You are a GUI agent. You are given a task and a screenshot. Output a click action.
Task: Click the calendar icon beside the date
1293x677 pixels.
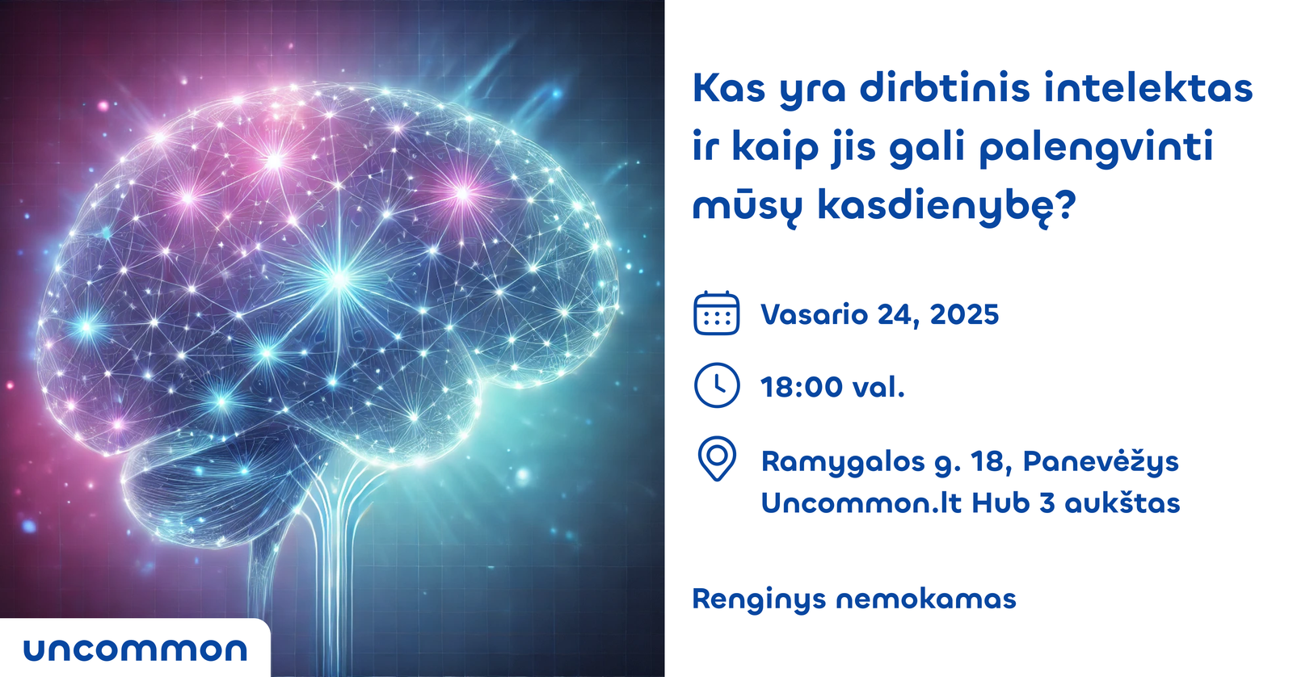(x=716, y=313)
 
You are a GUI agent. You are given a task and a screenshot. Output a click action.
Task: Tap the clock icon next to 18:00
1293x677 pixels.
(x=716, y=385)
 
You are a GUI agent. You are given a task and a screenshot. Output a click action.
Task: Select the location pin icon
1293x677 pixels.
(x=717, y=459)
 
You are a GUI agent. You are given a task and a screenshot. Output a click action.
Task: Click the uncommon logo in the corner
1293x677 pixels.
(x=135, y=650)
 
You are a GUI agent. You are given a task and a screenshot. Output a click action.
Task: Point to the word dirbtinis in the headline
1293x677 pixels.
(x=945, y=88)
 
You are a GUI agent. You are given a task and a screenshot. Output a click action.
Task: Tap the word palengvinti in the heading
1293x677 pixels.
(x=1096, y=149)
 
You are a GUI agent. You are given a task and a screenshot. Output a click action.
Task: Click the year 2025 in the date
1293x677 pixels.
(x=964, y=314)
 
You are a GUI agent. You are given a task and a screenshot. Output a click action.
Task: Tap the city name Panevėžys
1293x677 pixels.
(x=1101, y=462)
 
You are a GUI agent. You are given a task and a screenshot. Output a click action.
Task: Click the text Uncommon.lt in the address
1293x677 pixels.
(x=861, y=503)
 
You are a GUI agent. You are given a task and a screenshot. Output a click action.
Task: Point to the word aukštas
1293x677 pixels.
(x=1122, y=503)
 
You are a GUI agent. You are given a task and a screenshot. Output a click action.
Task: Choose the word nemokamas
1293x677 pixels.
(x=926, y=599)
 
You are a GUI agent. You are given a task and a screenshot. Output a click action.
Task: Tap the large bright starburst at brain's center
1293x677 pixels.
(x=339, y=280)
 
